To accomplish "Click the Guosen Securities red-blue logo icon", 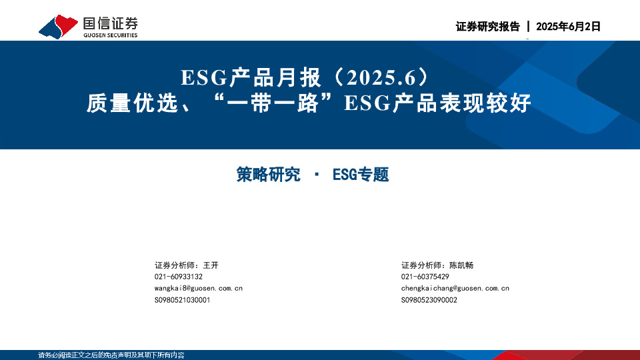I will [59, 25].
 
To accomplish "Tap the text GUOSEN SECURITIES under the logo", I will [110, 35].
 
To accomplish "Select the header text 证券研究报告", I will [487, 27].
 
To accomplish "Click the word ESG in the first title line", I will [204, 79].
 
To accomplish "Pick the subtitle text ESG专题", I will [360, 175].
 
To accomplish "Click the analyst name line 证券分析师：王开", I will [187, 265].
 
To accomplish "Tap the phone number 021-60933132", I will [179, 277].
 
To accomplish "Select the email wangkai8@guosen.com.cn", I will [199, 288].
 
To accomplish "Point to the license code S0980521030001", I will [183, 300].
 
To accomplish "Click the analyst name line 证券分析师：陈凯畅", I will [437, 265].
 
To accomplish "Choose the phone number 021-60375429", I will [425, 277].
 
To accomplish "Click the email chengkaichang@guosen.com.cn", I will [455, 288].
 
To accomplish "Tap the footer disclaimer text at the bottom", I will [111, 355].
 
